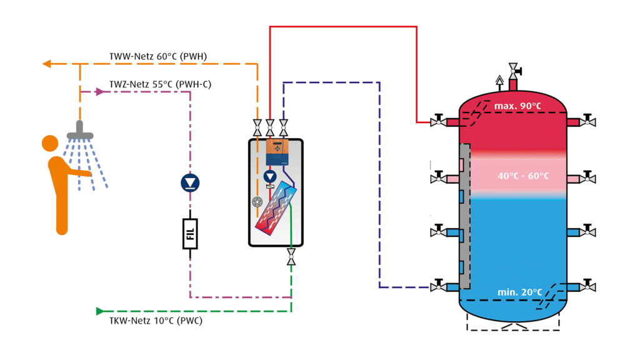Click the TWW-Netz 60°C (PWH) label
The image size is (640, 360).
click(157, 57)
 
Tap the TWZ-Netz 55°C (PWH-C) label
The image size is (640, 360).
click(160, 84)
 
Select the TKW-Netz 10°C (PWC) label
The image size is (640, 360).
click(151, 321)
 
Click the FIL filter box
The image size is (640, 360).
click(190, 234)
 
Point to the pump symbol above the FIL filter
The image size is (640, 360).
click(190, 182)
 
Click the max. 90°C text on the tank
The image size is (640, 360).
click(517, 106)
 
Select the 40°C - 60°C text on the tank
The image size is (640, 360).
click(523, 176)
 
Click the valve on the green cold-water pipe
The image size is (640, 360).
click(291, 257)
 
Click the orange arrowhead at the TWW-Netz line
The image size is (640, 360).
click(46, 64)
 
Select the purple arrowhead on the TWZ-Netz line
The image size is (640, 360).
click(100, 91)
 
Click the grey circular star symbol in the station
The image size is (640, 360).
click(257, 201)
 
